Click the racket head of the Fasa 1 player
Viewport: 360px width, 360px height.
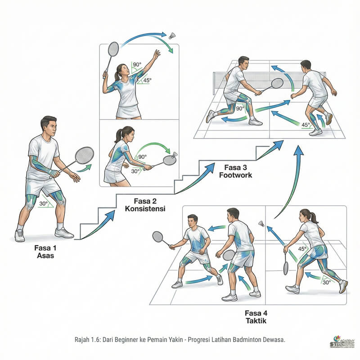[84, 156]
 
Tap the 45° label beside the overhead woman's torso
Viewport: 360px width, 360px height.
[144, 81]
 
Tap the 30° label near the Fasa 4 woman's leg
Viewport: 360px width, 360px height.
[326, 282]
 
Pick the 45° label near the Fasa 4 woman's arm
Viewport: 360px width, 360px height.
[302, 248]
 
